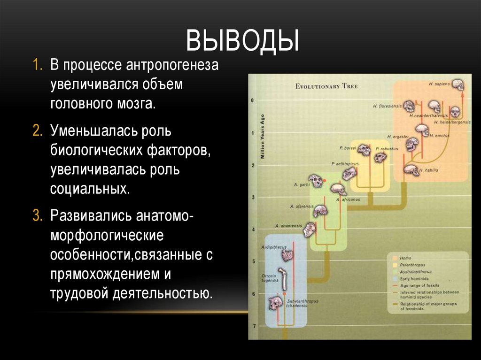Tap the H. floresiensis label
pos(388,106)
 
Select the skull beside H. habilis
pos(411,170)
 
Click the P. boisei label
pos(348,148)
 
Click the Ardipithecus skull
pos(287,255)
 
